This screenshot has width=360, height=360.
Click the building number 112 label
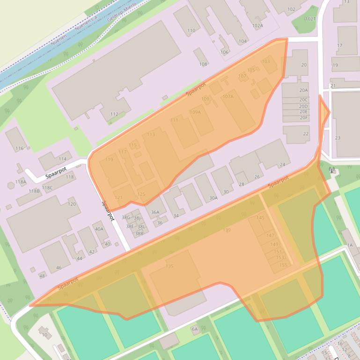point(114,114)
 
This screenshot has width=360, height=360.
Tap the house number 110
point(191,31)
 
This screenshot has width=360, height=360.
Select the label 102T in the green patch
point(310,19)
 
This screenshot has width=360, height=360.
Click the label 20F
point(304,118)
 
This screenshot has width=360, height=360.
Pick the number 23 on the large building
point(338,138)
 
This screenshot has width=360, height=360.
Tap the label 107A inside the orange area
point(228,96)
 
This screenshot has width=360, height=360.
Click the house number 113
point(151,135)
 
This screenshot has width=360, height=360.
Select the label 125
point(141,194)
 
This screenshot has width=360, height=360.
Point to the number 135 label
point(169,266)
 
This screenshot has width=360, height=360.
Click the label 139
point(227,230)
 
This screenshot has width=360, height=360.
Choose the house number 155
point(283,265)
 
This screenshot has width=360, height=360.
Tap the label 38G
point(126,217)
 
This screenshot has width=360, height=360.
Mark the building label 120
point(72,204)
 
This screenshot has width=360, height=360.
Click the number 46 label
point(59,268)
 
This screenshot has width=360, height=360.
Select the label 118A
point(21,182)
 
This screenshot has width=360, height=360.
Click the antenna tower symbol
point(332,170)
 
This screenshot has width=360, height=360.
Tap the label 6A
point(195,329)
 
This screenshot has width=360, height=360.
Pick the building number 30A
point(213,198)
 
